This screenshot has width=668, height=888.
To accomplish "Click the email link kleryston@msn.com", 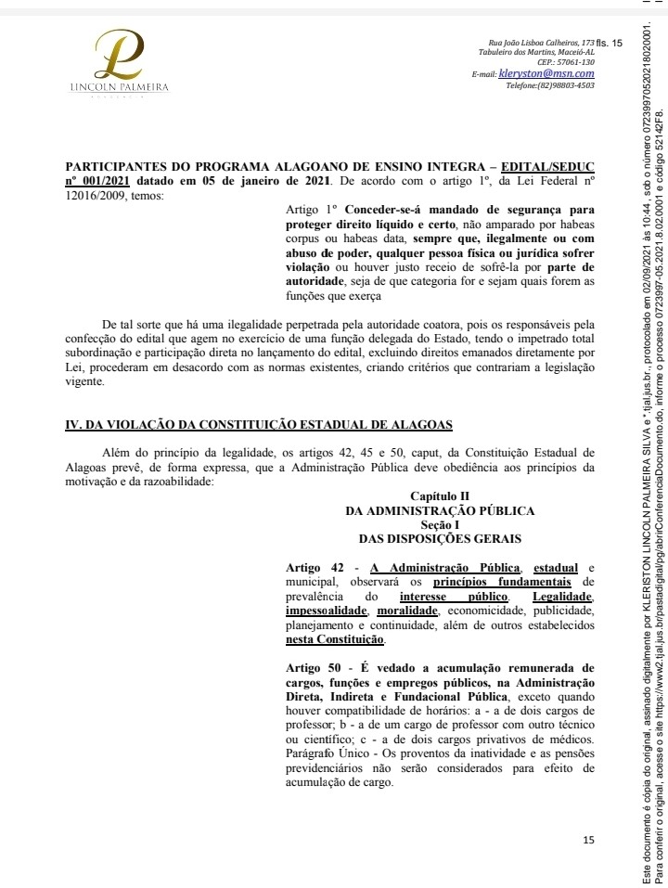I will click(546, 72).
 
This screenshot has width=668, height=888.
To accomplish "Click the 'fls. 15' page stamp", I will click(610, 43).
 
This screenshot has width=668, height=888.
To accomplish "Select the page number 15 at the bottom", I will click(588, 841).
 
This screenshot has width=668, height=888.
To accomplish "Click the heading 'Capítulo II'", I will click(439, 496).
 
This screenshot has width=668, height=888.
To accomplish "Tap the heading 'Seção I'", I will click(439, 524).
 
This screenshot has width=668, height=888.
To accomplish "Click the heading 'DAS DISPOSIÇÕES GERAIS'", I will click(439, 538).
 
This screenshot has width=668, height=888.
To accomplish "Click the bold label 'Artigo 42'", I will click(314, 567).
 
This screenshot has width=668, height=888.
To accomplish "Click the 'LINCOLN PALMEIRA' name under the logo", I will click(121, 88).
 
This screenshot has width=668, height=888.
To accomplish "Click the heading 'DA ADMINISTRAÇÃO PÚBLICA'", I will click(439, 510).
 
